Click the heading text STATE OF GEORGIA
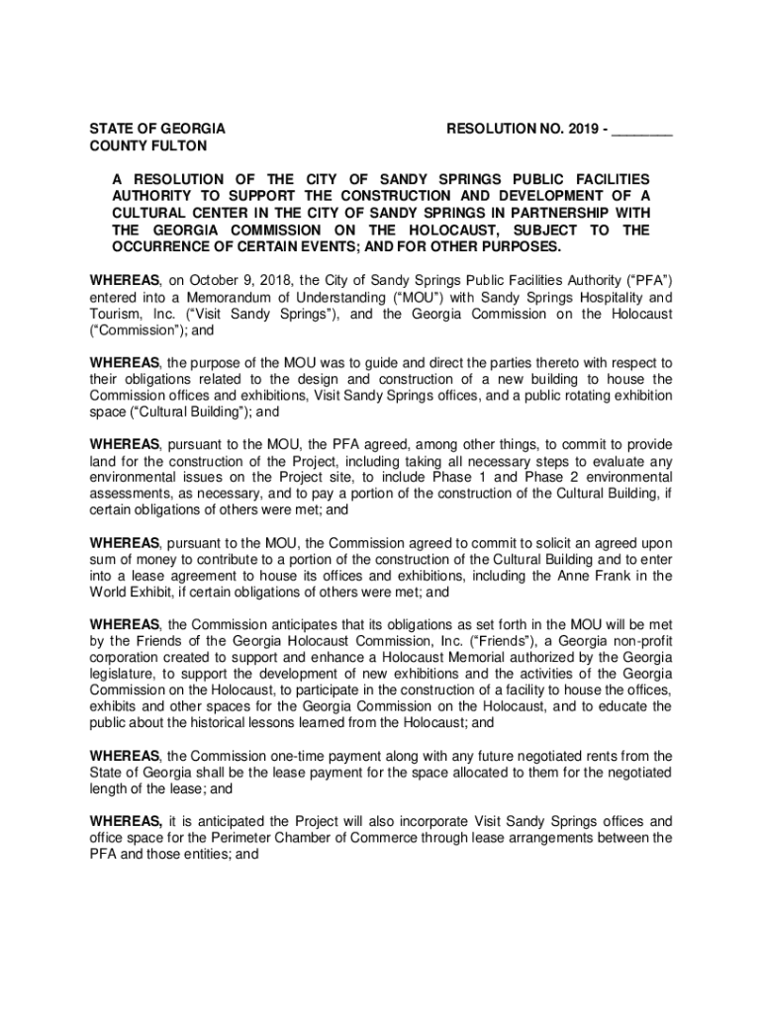click(157, 129)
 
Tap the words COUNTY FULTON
click(148, 146)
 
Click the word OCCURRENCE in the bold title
click(163, 246)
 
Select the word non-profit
click(638, 642)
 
